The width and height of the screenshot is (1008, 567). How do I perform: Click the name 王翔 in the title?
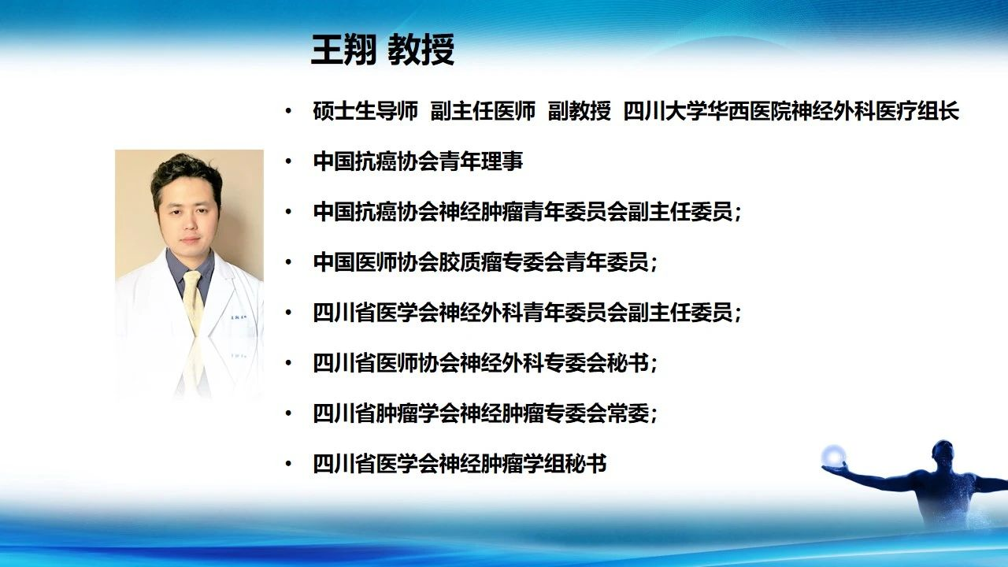pyautogui.click(x=344, y=49)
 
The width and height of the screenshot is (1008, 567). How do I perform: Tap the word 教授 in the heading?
pyautogui.click(x=421, y=49)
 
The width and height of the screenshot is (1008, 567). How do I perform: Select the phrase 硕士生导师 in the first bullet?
pyautogui.click(x=365, y=111)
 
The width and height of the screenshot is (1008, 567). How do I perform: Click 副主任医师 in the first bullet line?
pyautogui.click(x=483, y=111)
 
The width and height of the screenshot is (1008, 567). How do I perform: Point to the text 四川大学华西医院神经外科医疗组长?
pyautogui.click(x=791, y=111)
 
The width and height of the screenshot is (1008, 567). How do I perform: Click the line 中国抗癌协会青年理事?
pyautogui.click(x=418, y=161)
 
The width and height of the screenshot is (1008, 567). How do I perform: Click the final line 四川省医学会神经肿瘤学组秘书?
pyautogui.click(x=460, y=464)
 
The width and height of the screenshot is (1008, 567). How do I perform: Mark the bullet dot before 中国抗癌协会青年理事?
pyautogui.click(x=288, y=161)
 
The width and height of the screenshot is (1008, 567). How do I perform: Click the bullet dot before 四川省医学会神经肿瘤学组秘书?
pyautogui.click(x=288, y=464)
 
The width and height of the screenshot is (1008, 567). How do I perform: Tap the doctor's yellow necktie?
pyautogui.click(x=194, y=302)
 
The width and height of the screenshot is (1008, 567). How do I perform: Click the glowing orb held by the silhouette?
pyautogui.click(x=833, y=456)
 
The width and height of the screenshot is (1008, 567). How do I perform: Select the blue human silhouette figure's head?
pyautogui.click(x=943, y=453)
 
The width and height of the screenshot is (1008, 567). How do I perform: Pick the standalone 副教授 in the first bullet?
pyautogui.click(x=579, y=111)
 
